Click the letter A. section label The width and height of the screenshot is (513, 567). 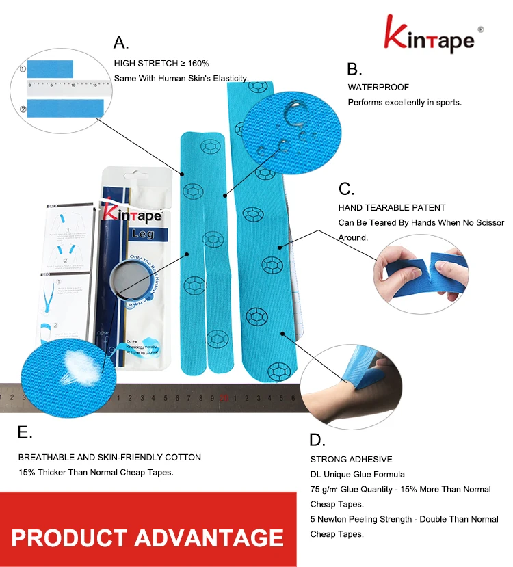click(x=121, y=42)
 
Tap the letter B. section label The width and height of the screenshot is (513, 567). click(x=354, y=69)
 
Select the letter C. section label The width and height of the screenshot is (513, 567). click(x=347, y=189)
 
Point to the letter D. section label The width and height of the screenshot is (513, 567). click(x=317, y=439)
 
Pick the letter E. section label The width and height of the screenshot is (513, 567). click(x=25, y=432)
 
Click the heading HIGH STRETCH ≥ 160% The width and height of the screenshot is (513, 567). click(x=161, y=63)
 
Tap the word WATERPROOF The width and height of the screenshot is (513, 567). click(x=378, y=88)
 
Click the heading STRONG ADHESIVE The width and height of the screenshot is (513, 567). click(x=352, y=459)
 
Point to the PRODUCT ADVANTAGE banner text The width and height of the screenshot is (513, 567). click(x=147, y=537)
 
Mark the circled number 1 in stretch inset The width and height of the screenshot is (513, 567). click(x=23, y=69)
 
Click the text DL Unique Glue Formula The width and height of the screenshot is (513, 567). click(x=357, y=474)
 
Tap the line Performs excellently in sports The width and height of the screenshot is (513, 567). click(x=404, y=103)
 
